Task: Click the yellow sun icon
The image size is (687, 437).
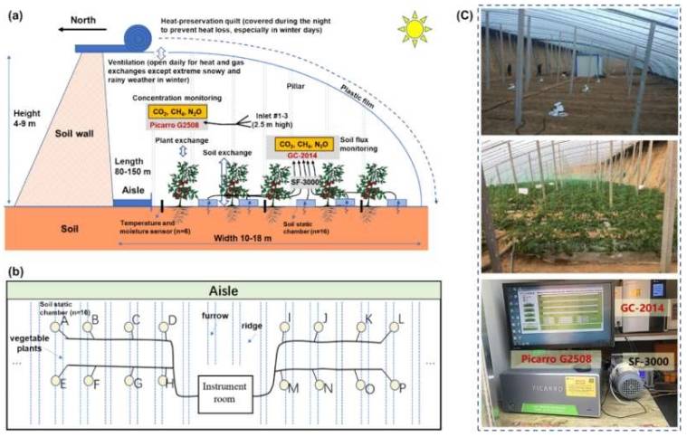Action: click(415, 30)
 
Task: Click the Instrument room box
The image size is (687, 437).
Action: click(224, 390)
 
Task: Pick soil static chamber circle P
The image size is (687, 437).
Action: click(396, 386)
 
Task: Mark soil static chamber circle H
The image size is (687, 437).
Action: click(167, 381)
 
